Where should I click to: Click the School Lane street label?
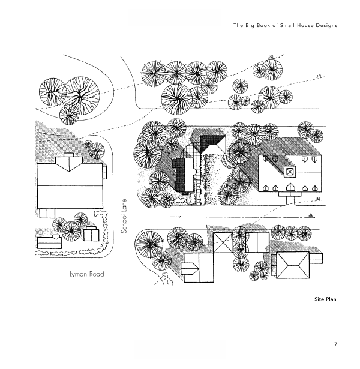125,216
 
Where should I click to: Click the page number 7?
336,344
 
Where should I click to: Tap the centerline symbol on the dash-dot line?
313,215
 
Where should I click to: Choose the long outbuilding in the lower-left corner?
48,243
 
